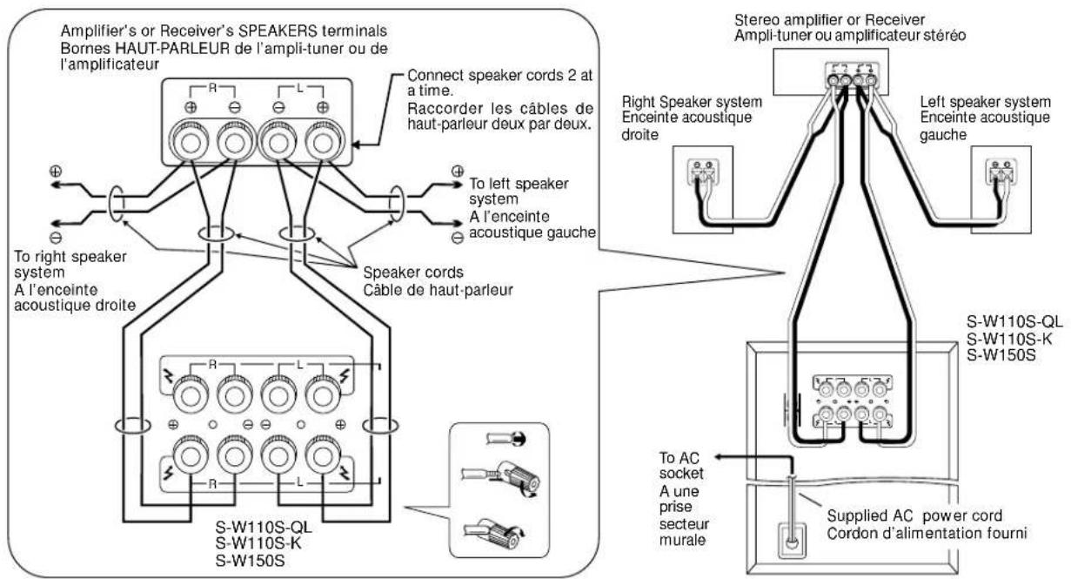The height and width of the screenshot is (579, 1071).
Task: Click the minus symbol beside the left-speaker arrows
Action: pos(458,237)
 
